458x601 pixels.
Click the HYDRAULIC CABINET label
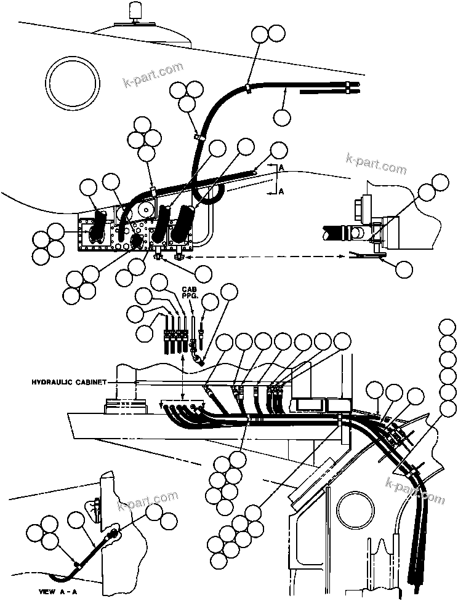69,382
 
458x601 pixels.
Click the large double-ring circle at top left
74,83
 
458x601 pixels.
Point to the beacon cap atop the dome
134,11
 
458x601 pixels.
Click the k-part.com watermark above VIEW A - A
148,501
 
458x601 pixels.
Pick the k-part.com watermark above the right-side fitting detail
377,162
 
